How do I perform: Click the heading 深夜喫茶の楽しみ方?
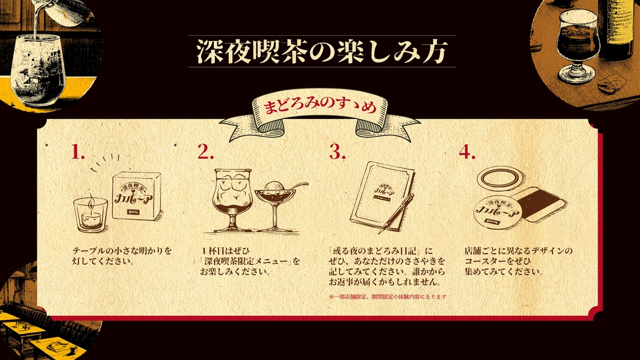(322, 52)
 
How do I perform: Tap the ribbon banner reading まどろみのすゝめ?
(320, 106)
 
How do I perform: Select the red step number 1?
(78, 153)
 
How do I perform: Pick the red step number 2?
(205, 153)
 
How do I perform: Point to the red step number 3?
(337, 153)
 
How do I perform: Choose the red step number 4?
(467, 153)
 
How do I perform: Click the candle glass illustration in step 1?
(90, 213)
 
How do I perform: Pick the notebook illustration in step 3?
(379, 197)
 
